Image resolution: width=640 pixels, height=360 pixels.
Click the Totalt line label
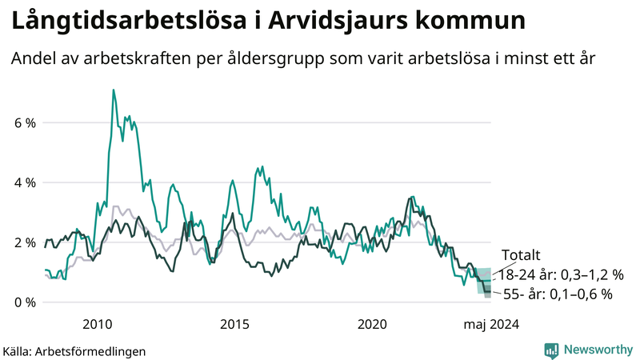(522, 255)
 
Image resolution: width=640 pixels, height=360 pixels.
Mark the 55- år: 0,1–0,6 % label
(558, 294)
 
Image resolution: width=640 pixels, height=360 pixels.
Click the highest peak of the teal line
(113, 90)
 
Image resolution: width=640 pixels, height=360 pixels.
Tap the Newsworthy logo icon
(551, 350)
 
